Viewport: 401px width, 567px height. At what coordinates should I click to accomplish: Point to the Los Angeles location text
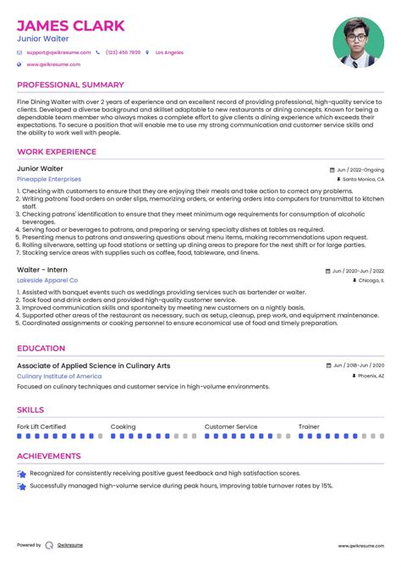point(169,52)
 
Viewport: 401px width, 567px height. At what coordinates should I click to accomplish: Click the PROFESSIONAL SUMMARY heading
point(69,85)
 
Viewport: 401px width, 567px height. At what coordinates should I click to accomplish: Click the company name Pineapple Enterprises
point(49,179)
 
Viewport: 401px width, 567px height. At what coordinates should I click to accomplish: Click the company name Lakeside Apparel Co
point(47,280)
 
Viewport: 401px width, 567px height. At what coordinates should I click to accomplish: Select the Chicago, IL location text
point(370,280)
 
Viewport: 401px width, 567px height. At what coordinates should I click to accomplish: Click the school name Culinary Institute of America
point(61,376)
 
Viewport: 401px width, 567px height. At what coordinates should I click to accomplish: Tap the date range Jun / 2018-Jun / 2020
point(358,366)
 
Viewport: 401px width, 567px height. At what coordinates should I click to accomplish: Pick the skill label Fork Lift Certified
point(41,427)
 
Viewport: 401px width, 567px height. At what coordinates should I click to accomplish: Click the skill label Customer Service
point(231,427)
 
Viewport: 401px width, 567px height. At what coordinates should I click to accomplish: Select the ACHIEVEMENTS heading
point(48,456)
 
